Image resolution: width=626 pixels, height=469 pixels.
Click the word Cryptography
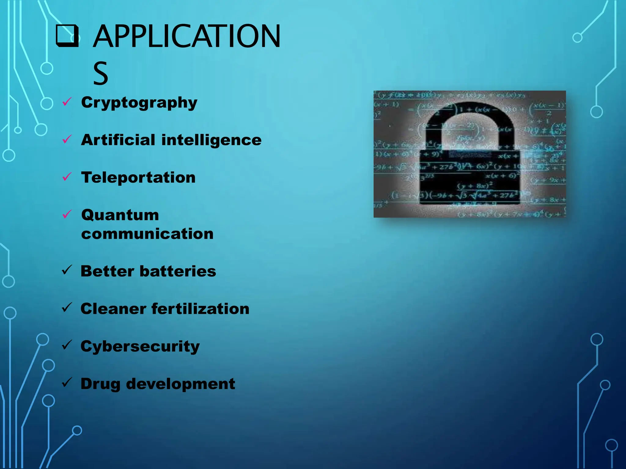click(139, 103)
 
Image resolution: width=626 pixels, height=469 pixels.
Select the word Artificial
click(118, 140)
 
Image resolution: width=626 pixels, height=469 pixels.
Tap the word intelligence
click(211, 140)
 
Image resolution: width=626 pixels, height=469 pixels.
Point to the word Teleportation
click(138, 177)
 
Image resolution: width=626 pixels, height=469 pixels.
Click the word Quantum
click(120, 215)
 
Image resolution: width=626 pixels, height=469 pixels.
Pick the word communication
click(147, 234)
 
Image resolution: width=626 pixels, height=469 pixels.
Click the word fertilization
click(201, 309)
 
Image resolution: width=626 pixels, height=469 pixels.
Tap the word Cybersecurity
click(140, 347)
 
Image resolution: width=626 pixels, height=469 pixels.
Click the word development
click(181, 384)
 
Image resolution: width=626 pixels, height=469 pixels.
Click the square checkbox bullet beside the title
click(67, 36)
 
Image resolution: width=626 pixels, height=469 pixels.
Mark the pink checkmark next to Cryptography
click(67, 102)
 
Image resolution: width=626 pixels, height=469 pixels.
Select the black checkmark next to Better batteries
click(67, 270)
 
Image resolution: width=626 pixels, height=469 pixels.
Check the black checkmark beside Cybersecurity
click(67, 345)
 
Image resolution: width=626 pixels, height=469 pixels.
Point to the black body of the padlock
click(469, 177)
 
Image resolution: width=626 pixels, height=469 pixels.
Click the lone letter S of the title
click(101, 73)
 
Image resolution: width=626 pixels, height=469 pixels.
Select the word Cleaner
click(113, 309)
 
